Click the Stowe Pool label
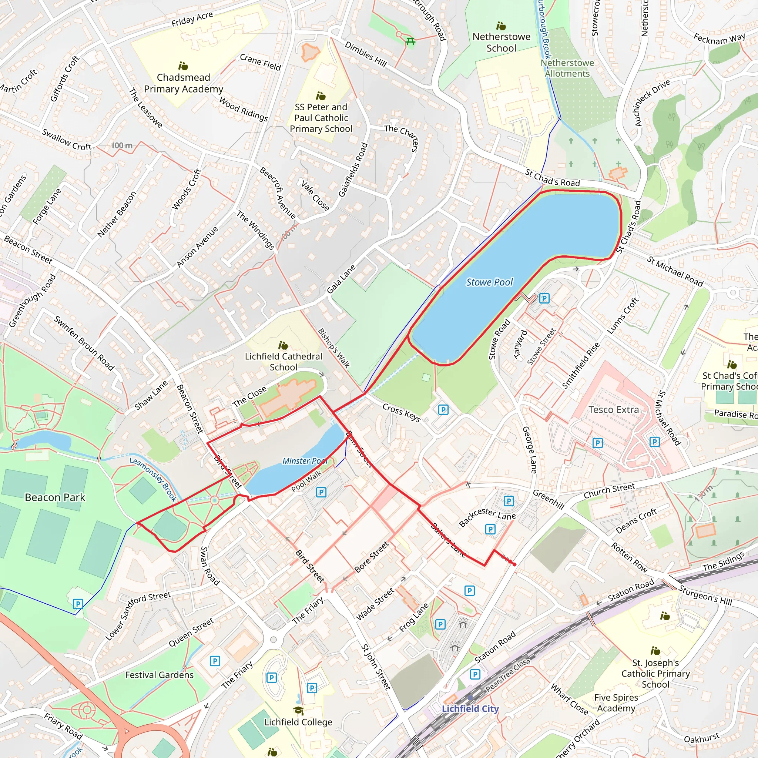point(489,282)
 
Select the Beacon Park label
point(55,497)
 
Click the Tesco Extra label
point(614,410)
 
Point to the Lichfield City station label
point(470,708)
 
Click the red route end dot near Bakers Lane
point(514,564)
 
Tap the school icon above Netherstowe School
point(501,26)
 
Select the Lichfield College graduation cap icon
point(298,711)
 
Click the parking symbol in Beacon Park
point(78,604)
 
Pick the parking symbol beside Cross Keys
point(443,410)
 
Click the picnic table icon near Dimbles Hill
point(410,41)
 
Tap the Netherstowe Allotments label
point(567,68)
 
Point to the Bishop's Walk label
point(333,348)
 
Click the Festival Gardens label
point(159,675)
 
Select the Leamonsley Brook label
point(153,479)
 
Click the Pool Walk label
point(306,481)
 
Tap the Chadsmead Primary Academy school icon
point(183,66)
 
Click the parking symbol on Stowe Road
point(544,298)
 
